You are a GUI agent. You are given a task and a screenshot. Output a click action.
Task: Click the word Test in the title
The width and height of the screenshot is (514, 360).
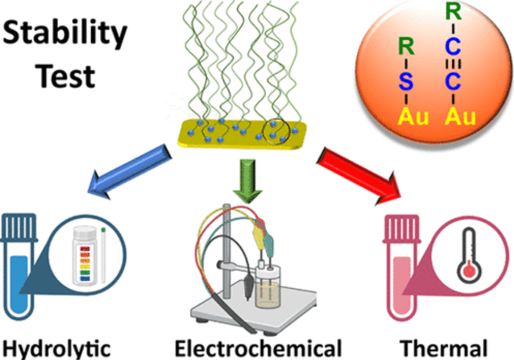(x=66, y=76)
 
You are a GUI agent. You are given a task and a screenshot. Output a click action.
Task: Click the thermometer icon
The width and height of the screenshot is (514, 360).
(x=470, y=260)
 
